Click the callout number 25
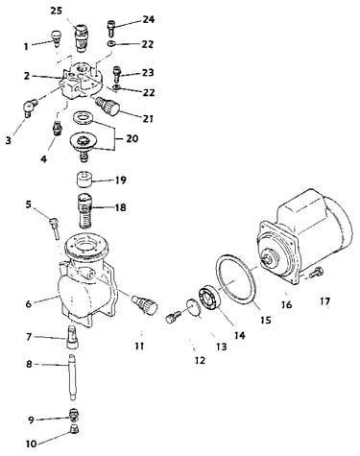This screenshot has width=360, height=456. click(x=58, y=11)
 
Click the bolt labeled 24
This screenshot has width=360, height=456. click(x=110, y=28)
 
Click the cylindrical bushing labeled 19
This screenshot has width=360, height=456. click(x=84, y=180)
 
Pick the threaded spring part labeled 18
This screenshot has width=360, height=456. click(x=84, y=211)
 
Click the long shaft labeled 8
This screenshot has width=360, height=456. click(x=73, y=377)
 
